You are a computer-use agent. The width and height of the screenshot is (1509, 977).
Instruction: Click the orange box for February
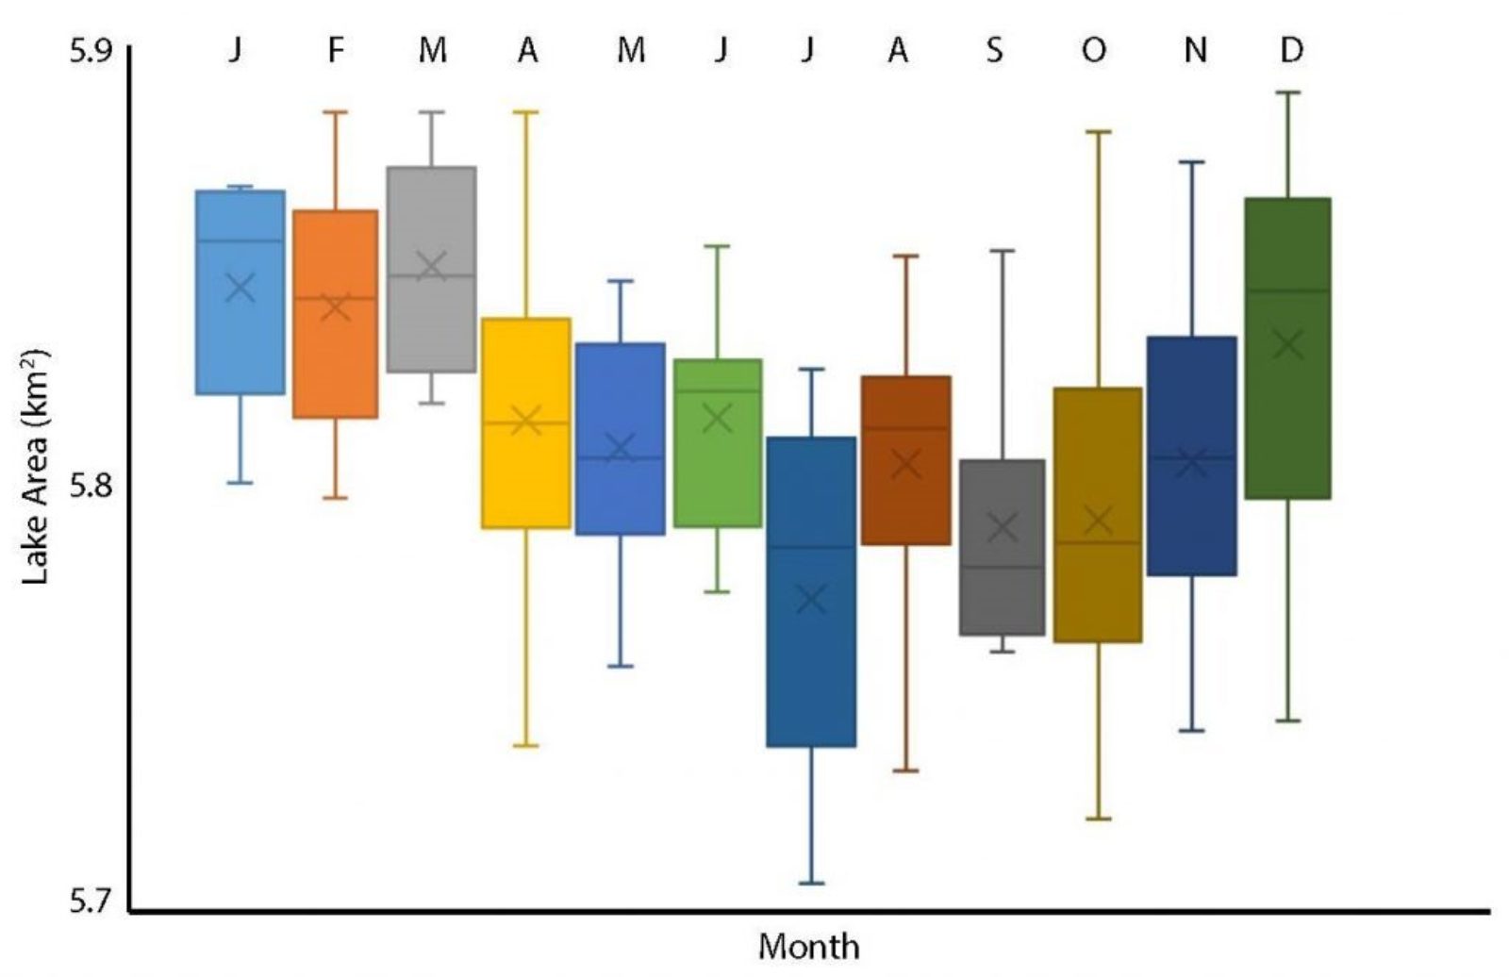coord(335,358)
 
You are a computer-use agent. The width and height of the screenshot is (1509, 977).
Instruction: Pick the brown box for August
coord(906,500)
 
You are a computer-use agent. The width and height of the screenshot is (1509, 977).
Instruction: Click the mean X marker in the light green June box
coord(718,418)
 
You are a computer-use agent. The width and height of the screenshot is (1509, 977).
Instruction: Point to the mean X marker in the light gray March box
coord(432,266)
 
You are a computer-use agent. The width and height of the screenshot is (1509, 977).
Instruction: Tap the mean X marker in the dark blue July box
coord(811,598)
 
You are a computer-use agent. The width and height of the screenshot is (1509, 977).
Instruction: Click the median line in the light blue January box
coord(240,240)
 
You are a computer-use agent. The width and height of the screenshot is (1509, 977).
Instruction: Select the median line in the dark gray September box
coord(1002,567)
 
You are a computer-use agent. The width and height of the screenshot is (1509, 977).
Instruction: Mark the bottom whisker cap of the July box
coord(811,884)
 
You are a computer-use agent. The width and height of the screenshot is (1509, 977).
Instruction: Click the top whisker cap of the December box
coord(1287,92)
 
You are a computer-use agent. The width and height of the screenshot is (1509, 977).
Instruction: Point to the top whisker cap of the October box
coord(1097,132)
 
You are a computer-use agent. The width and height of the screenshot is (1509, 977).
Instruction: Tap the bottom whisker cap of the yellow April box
coord(526,746)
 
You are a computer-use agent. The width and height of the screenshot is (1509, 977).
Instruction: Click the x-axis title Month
coord(809,946)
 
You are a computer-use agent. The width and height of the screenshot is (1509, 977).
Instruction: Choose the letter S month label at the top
coord(995,50)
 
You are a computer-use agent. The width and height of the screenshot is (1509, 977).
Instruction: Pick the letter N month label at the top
coord(1195,50)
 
